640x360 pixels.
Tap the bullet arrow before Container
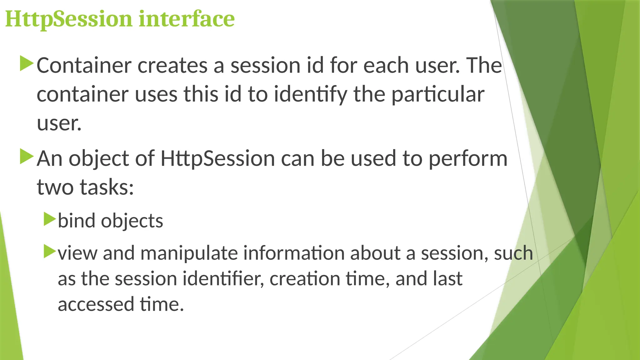[26, 63]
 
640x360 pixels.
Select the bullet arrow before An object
[26, 157]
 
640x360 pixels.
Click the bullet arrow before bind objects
[49, 219]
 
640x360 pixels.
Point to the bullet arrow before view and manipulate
[49, 251]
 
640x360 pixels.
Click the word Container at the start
[84, 66]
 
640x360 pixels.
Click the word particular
[437, 95]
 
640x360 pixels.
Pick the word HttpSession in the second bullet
[217, 158]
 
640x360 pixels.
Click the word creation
[305, 279]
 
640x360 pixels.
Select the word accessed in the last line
[96, 305]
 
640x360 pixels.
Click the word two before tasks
[55, 187]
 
